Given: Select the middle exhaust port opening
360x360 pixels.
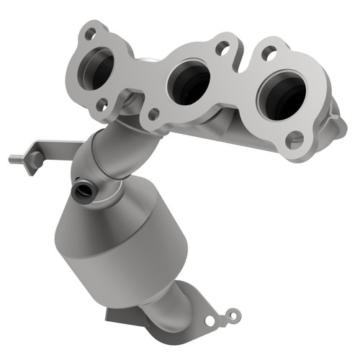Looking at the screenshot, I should pos(189,84).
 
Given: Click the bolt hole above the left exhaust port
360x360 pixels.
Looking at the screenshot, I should pos(90,32).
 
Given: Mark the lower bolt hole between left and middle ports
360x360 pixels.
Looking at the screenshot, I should pos(153,114).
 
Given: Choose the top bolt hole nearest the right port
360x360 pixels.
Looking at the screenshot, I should pos(269,52).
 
